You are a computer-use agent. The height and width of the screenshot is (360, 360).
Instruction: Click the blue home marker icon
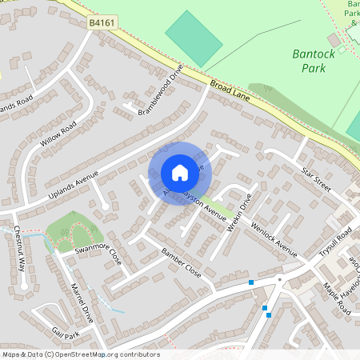click(180, 172)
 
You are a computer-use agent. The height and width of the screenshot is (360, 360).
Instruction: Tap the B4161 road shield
click(102, 24)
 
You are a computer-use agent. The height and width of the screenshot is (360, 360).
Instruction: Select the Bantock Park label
click(308, 62)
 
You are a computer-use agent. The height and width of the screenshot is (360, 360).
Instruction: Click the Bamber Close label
click(182, 263)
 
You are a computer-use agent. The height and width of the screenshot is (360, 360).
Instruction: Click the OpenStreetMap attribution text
click(80, 354)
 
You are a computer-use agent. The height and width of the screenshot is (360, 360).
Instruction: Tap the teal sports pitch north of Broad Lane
click(194, 38)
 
